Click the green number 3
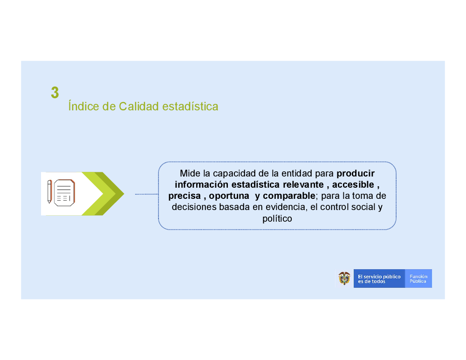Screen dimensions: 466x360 pos(55,92)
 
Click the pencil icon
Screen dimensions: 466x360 pos(49,191)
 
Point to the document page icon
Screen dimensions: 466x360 pos(64,193)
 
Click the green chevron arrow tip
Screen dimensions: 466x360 pos(124,194)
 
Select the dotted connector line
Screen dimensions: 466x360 pos(146,194)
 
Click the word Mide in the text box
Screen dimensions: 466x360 pos(190,173)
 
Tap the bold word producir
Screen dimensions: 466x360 pos(356,173)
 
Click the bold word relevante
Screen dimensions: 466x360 pos(303,184)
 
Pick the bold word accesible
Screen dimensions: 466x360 pos(353,184)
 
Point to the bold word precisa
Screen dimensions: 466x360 pos(185,196)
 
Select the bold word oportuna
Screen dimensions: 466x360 pos(229,196)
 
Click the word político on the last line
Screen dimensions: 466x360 pos(277,218)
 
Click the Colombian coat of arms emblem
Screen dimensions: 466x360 pos(344,278)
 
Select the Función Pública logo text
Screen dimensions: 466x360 pos(418,278)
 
